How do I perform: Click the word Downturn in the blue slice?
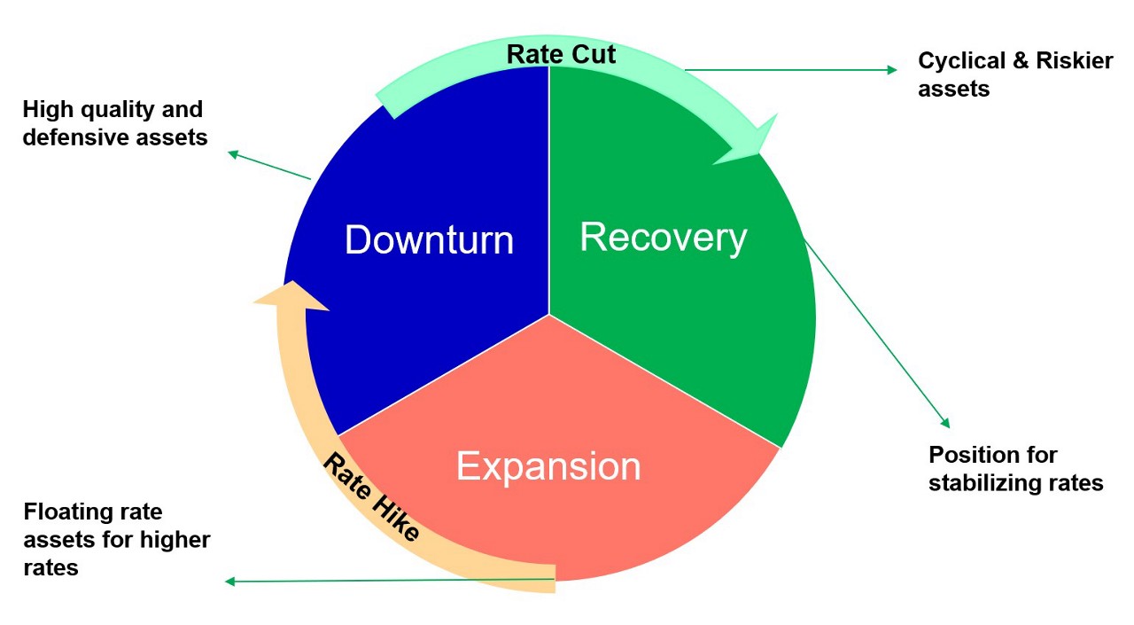click(429, 240)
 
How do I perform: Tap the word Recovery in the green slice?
click(664, 237)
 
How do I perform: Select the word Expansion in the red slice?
click(548, 466)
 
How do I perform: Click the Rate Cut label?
click(561, 54)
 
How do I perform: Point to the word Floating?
click(68, 512)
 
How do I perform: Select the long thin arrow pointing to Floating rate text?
click(390, 581)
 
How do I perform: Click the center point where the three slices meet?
click(549, 315)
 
